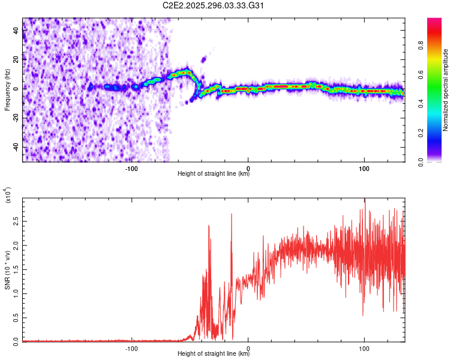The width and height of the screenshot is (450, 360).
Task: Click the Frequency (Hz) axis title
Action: pos(7,90)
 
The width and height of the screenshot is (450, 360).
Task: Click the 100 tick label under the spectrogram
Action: pos(364,168)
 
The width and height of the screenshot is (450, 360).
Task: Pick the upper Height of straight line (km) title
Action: pos(214,175)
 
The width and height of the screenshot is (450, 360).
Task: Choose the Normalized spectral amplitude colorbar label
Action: pos(445,90)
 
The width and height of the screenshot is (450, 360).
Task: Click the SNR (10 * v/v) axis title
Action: pos(7,270)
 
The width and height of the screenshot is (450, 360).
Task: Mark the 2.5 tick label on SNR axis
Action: pos(15,221)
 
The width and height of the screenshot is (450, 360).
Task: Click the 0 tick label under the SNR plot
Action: pos(248,348)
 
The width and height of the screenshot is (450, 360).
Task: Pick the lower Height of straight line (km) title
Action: pos(214,355)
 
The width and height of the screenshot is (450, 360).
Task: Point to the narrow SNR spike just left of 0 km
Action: pos(232,215)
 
